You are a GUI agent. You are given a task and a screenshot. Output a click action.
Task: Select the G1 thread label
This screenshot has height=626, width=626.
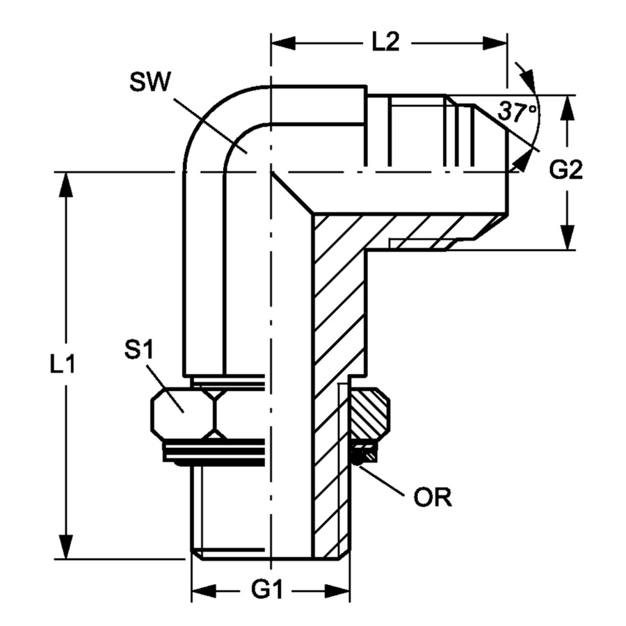click(268, 591)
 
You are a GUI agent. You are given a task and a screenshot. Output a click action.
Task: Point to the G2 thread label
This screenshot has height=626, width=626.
click(566, 170)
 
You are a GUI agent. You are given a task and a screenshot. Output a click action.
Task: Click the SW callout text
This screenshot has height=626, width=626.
click(150, 83)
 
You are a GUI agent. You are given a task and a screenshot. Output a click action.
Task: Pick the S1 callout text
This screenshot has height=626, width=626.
click(138, 351)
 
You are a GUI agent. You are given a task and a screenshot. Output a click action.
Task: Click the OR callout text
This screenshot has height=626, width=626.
click(433, 498)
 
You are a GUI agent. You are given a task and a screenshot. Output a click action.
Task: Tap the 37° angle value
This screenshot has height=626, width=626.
click(517, 111)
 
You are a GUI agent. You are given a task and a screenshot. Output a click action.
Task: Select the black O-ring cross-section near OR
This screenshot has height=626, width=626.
click(364, 456)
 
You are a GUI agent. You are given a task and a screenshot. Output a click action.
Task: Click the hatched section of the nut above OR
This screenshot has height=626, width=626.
click(371, 413)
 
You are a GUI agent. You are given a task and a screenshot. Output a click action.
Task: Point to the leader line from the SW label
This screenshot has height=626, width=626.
click(209, 125)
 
